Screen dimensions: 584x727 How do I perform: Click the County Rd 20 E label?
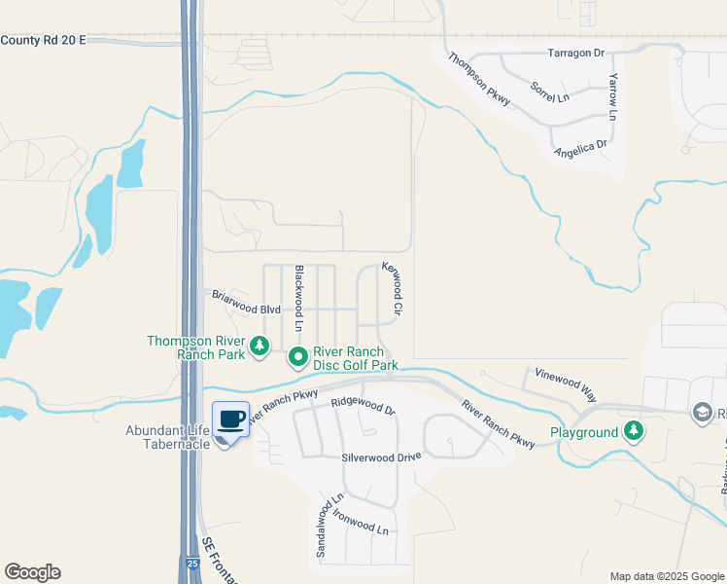tap(44, 39)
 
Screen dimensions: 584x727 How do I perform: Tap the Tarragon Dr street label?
tap(575, 53)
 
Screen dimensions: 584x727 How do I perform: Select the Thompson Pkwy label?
tap(480, 85)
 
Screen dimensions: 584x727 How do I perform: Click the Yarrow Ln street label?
tap(613, 96)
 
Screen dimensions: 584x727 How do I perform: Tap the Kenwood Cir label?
tap(392, 290)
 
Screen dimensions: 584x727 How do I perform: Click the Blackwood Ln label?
tap(300, 295)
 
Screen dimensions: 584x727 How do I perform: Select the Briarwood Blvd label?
tap(247, 302)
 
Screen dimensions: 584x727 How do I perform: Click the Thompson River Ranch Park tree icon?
tap(260, 346)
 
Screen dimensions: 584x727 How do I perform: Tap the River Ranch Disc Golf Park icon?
tap(298, 358)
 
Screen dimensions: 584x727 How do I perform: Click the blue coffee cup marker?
tap(230, 420)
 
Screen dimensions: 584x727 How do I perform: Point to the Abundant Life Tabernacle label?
tap(167, 437)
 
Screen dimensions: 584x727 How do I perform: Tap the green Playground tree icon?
tap(634, 429)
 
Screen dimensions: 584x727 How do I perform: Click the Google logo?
tap(32, 571)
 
